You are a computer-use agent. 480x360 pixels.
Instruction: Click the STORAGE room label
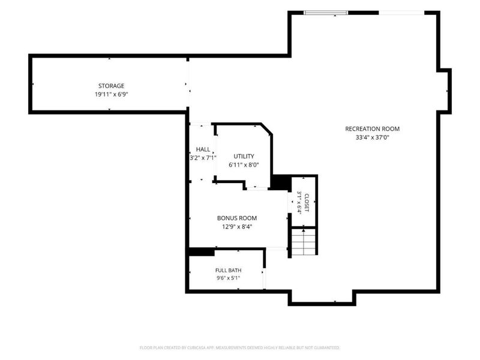click(x=111, y=86)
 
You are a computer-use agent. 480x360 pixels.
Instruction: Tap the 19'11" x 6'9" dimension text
click(x=111, y=94)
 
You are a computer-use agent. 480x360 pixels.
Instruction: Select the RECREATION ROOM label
click(x=372, y=129)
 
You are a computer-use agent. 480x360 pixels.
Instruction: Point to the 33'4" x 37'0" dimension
click(x=372, y=137)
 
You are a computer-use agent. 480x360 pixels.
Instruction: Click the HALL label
click(x=203, y=149)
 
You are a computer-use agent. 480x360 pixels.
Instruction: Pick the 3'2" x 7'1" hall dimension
click(x=203, y=158)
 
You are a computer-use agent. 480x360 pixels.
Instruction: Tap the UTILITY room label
click(x=244, y=156)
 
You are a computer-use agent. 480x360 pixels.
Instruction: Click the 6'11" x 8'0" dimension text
click(x=244, y=165)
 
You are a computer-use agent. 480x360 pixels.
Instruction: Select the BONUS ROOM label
click(x=237, y=218)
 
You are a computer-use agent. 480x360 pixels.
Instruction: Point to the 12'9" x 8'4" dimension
click(x=237, y=227)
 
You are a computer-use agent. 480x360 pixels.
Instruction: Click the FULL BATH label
click(x=229, y=271)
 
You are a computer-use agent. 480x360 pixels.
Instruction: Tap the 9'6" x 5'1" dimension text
click(x=229, y=278)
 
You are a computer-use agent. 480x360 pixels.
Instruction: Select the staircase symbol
click(x=304, y=242)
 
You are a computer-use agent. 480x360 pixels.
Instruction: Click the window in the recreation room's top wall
click(x=326, y=13)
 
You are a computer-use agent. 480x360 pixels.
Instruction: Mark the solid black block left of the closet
click(x=281, y=183)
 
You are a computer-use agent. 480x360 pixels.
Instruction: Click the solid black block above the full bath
click(x=201, y=252)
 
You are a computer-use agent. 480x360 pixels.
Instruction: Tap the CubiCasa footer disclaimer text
click(x=239, y=348)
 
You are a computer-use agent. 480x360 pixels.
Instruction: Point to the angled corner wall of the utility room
click(x=266, y=129)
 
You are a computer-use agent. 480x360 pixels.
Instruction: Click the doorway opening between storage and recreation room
click(x=188, y=84)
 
